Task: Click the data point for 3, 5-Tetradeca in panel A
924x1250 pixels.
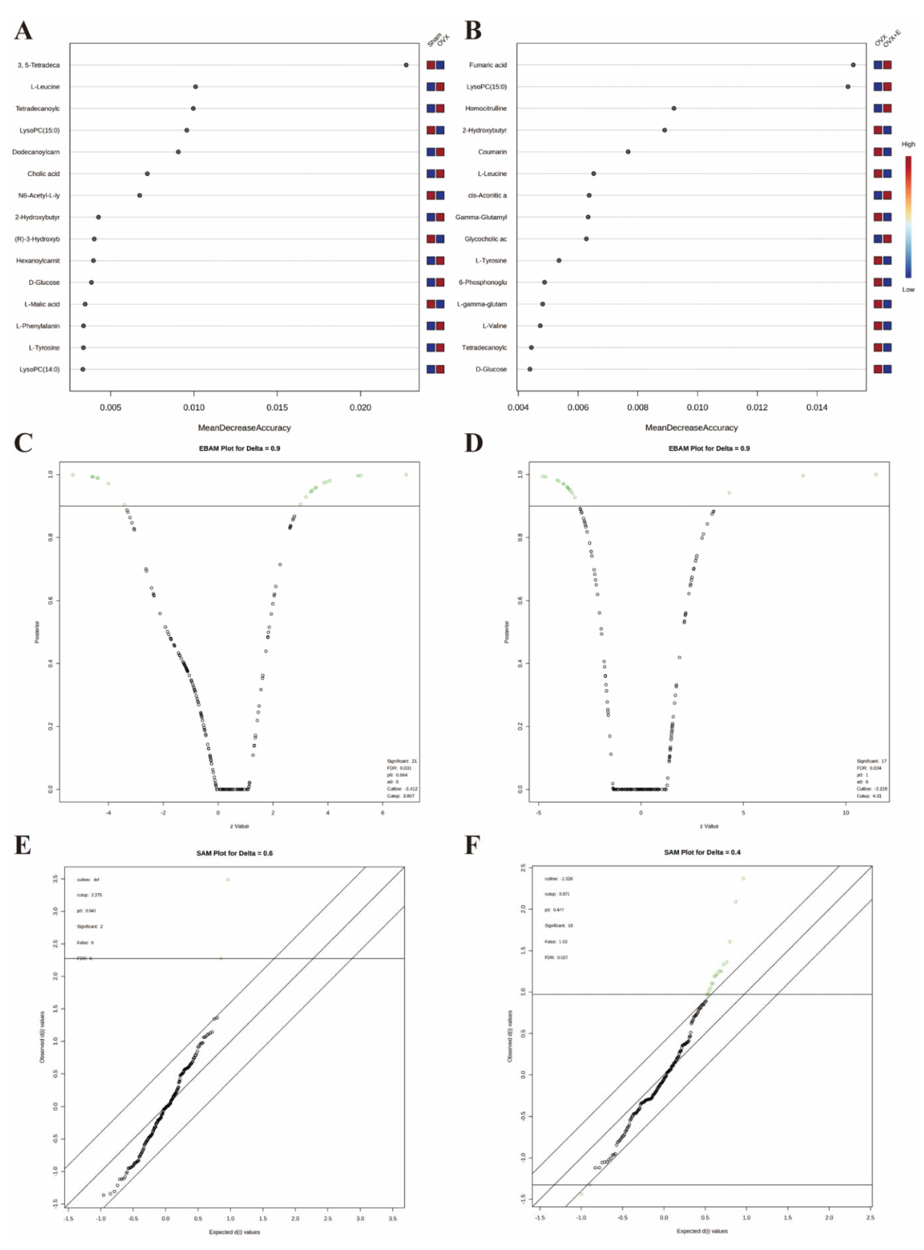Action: pos(406,65)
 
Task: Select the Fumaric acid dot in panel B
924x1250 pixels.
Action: pos(853,65)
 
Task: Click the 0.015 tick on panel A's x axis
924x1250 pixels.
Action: pos(277,407)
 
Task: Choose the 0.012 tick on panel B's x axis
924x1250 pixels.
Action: pos(757,407)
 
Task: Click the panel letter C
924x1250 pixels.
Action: pos(23,443)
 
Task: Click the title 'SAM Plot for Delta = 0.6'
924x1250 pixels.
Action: pos(234,853)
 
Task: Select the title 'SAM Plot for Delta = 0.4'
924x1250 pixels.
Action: pos(702,852)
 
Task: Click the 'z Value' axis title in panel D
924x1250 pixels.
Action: pos(709,826)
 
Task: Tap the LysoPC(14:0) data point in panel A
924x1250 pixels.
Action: pos(83,369)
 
